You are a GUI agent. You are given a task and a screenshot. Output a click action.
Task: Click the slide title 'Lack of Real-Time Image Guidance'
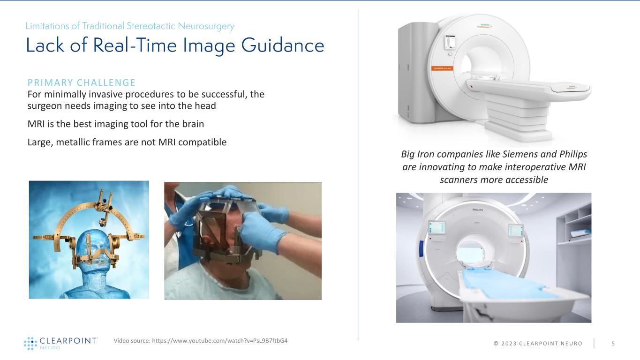point(175,45)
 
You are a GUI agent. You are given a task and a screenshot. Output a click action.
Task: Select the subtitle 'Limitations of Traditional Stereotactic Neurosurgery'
point(130,26)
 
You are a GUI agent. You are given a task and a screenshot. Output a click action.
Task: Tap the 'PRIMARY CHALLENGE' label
point(81,83)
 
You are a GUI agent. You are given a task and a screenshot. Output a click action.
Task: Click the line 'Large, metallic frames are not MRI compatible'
point(127,142)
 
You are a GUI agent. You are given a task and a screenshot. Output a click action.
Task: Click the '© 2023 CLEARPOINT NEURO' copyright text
point(531,344)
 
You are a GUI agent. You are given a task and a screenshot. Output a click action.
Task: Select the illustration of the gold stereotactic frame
point(89,240)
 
